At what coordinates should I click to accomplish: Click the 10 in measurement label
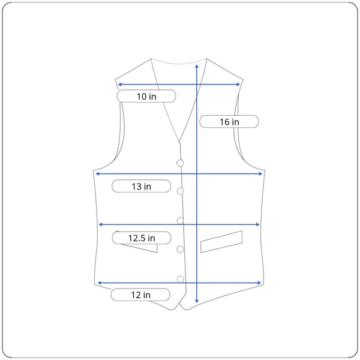[146, 96]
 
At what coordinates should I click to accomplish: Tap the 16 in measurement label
[229, 121]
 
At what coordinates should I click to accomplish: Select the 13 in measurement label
[141, 186]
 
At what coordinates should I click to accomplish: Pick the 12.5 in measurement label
[142, 238]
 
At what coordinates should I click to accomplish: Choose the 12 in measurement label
[140, 295]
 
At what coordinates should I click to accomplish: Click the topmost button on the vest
[180, 163]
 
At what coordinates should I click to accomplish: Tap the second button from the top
[180, 191]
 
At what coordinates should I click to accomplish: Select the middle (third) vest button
[180, 221]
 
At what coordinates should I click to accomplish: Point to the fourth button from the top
[180, 249]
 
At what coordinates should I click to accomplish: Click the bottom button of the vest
[180, 279]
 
